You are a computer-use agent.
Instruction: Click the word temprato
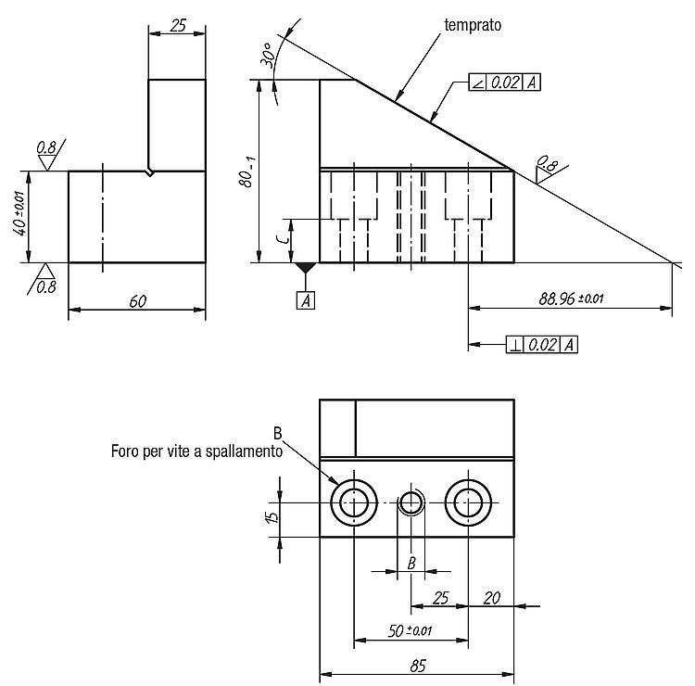[473, 25]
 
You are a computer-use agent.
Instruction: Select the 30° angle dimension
[269, 55]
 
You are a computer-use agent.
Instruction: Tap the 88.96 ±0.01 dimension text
[571, 299]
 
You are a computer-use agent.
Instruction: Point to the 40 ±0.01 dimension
[20, 213]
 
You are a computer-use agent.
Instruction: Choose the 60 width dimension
[138, 301]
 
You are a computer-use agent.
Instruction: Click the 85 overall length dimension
[418, 666]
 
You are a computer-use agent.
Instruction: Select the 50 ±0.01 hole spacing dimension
[410, 630]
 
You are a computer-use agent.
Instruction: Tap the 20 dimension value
[491, 598]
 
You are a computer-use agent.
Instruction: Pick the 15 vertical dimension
[273, 516]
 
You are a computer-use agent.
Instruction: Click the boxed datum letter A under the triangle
[306, 300]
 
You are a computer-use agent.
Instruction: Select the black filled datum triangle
[306, 267]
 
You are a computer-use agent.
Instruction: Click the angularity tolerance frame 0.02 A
[504, 82]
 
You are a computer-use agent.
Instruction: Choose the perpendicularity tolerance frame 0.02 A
[542, 345]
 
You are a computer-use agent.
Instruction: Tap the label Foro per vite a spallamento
[196, 451]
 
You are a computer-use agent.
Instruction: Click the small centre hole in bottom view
[411, 502]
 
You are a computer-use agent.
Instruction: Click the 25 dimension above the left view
[178, 26]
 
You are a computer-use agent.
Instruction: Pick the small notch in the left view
[150, 172]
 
